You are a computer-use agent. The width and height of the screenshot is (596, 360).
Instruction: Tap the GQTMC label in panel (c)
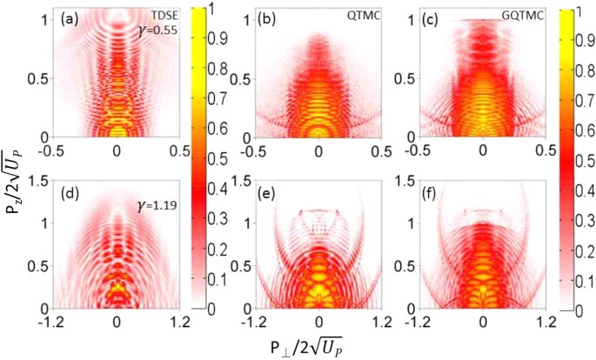[x=522, y=16]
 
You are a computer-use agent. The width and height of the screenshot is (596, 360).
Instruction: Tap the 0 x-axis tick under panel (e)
[x=319, y=322]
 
